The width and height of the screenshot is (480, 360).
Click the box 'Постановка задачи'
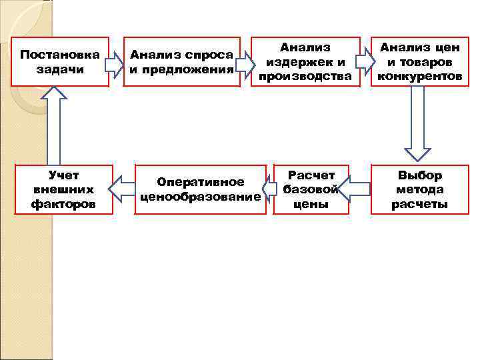pyautogui.click(x=60, y=61)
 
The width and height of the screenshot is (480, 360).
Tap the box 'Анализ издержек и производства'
pyautogui.click(x=305, y=61)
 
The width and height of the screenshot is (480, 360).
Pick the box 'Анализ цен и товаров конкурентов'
pyautogui.click(x=419, y=61)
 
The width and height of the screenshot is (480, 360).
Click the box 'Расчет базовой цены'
pyautogui.click(x=311, y=189)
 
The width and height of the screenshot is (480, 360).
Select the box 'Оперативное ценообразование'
pyautogui.click(x=200, y=189)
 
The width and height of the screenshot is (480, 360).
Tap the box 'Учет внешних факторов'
pyautogui.click(x=64, y=189)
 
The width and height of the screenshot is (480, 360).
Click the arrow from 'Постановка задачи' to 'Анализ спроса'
pyautogui.click(x=115, y=63)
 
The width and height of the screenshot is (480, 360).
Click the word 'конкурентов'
pyautogui.click(x=419, y=76)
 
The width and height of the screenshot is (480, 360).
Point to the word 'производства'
pyautogui.click(x=305, y=76)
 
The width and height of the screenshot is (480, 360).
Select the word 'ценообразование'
pyautogui.click(x=200, y=197)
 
